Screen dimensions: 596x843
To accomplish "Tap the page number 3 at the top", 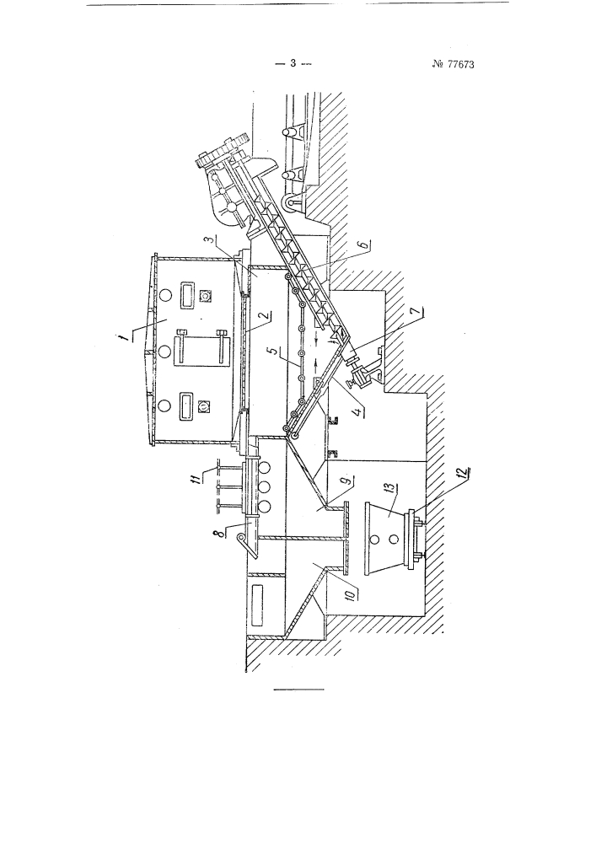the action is point(293,63).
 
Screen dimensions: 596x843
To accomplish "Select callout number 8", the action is point(348,594).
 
